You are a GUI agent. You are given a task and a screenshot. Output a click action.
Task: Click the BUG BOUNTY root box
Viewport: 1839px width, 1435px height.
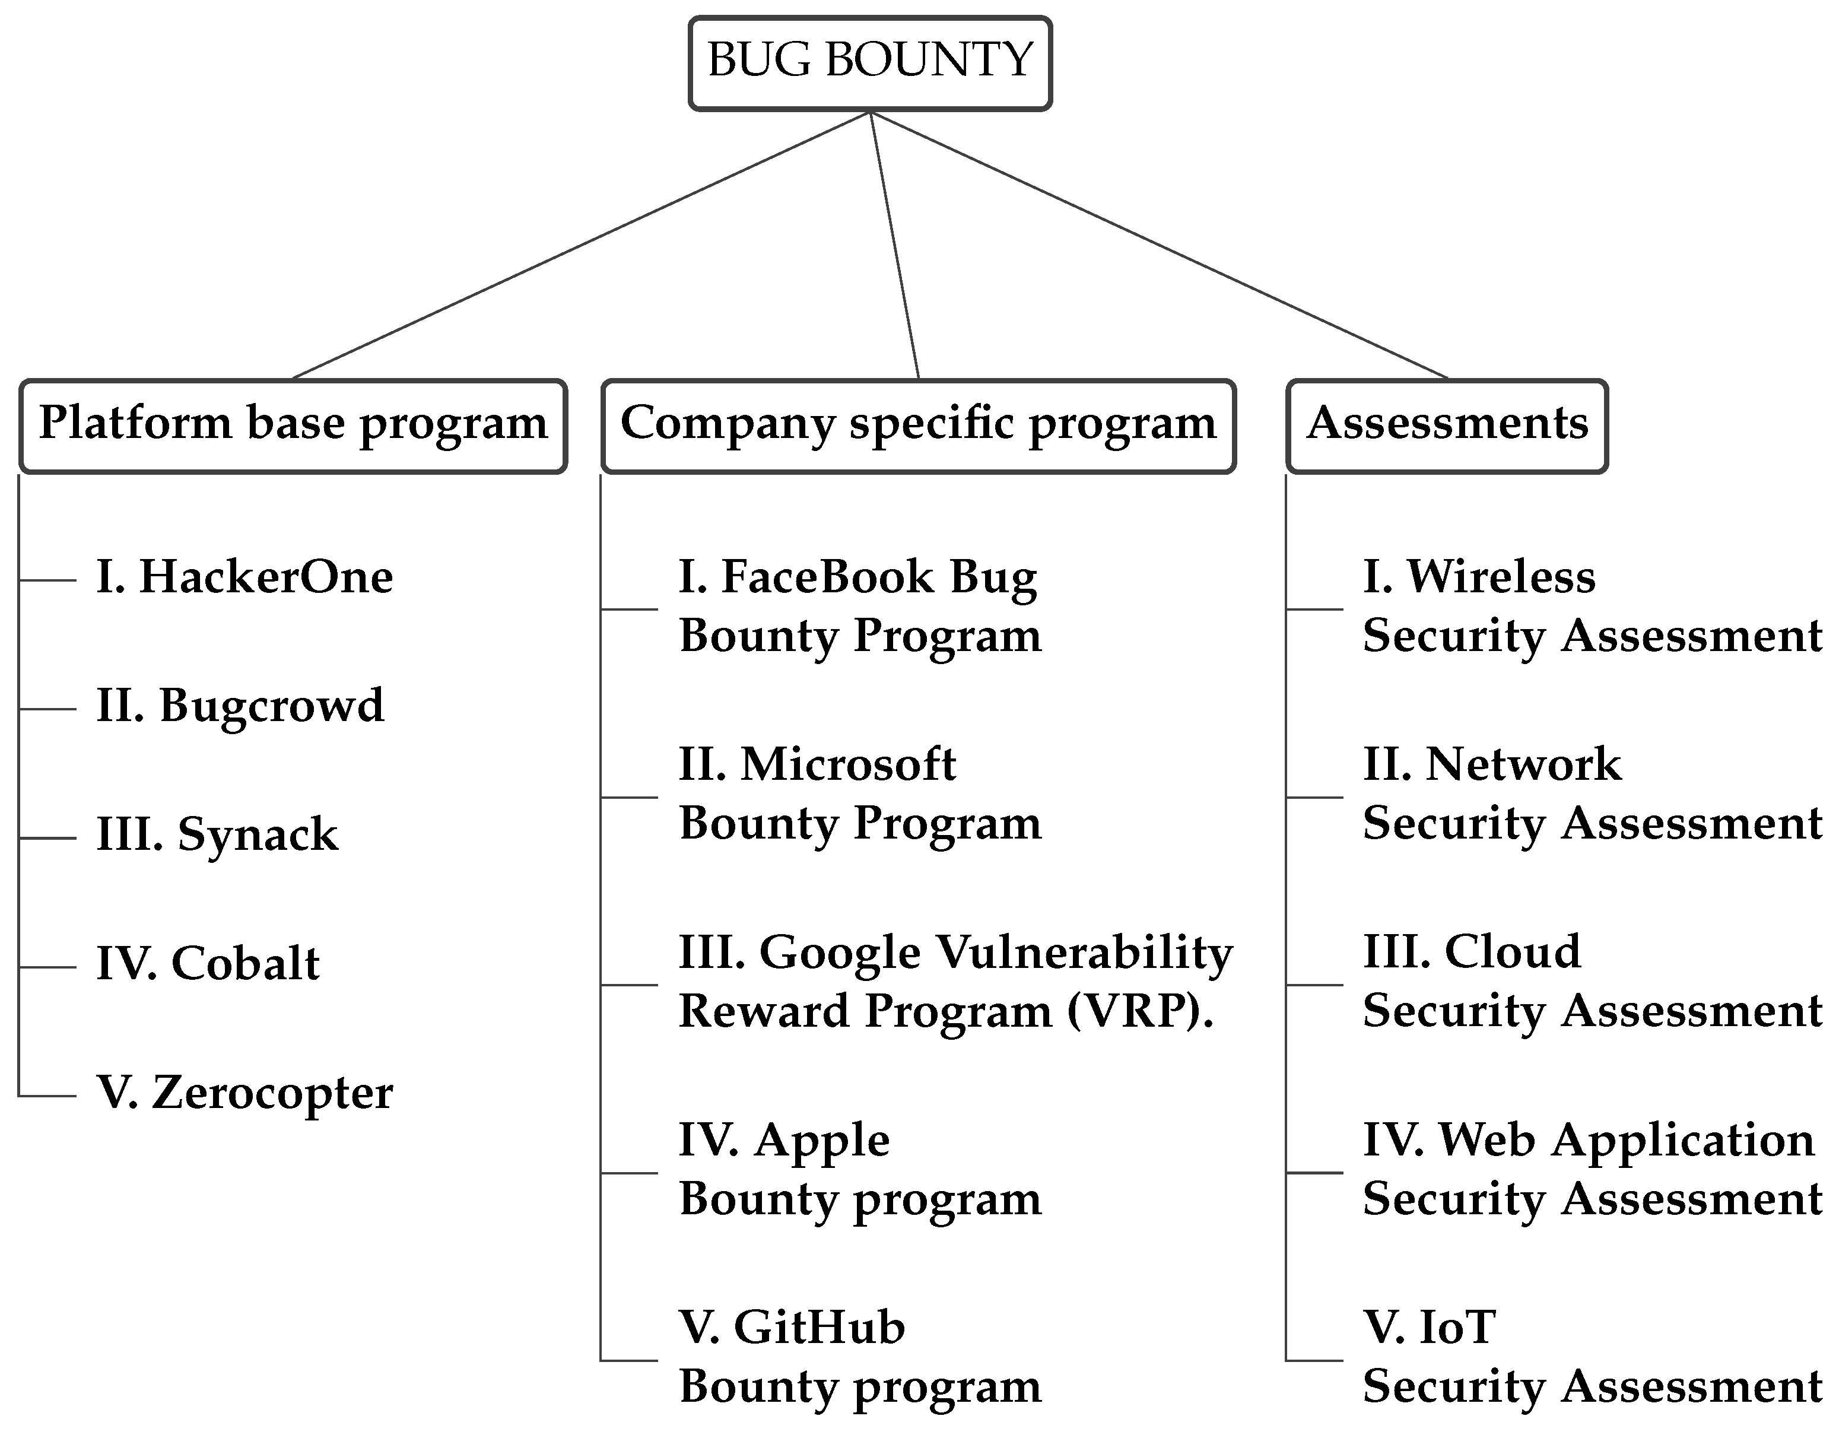(870, 62)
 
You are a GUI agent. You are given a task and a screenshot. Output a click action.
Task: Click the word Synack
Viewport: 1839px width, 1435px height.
(258, 836)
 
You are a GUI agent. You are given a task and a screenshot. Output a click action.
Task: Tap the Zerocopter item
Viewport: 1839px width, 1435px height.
(271, 1093)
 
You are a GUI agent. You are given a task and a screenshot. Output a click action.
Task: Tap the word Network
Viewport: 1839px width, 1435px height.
(1522, 764)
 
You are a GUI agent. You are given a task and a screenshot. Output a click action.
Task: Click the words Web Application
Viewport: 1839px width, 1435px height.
(1625, 1141)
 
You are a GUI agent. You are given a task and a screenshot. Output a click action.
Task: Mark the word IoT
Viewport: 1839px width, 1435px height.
(1457, 1329)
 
